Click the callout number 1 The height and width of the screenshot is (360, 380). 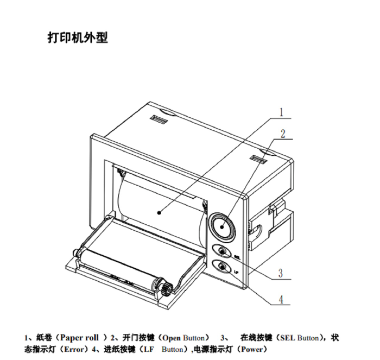tap(281, 112)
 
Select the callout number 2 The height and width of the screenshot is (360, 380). tap(283, 134)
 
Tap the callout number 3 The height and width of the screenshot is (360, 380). tap(281, 273)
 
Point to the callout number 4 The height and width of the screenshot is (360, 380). tap(281, 299)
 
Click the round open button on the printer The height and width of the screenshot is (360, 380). tap(222, 227)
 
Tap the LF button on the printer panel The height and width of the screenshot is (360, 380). tap(222, 267)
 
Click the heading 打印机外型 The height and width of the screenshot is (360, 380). tap(78, 37)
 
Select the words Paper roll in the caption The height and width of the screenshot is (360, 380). tap(79, 338)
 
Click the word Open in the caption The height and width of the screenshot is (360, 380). tap(172, 338)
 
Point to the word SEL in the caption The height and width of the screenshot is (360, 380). tap(287, 338)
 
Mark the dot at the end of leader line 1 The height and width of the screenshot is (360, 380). tap(159, 213)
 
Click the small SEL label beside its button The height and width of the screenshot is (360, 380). tap(237, 256)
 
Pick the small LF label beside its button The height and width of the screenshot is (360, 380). tap(237, 271)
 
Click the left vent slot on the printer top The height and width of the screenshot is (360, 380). tap(159, 120)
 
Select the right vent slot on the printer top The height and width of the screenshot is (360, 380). tap(258, 159)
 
